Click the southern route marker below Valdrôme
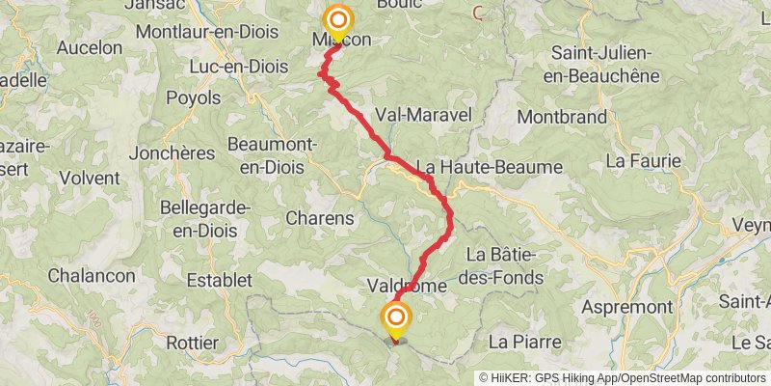coord(395,318)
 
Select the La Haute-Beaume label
coord(489,167)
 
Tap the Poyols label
coord(195,97)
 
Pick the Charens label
coord(320,218)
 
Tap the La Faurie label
coord(644,159)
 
